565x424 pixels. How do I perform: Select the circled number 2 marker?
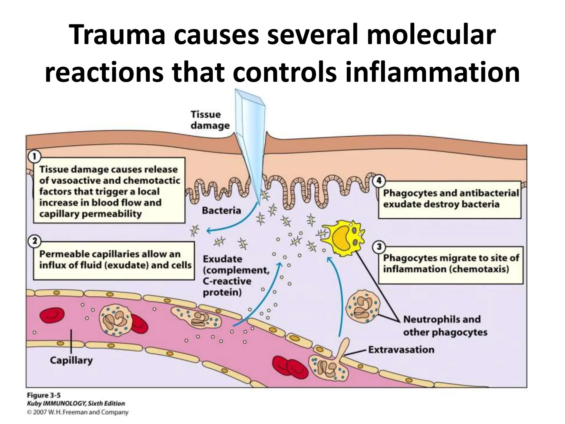[34, 241]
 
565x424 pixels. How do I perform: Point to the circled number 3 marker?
[379, 247]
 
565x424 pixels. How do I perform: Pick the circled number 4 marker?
[379, 181]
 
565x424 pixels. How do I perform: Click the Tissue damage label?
[210, 120]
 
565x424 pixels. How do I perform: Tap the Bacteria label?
[222, 211]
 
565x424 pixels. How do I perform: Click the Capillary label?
[71, 361]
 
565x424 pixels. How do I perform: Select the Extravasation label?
[401, 350]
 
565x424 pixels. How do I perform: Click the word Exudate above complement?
[222, 259]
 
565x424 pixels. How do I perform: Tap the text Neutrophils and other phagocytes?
[445, 326]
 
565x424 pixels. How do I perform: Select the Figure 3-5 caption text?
[44, 395]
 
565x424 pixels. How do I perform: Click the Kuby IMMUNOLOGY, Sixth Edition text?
[76, 404]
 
